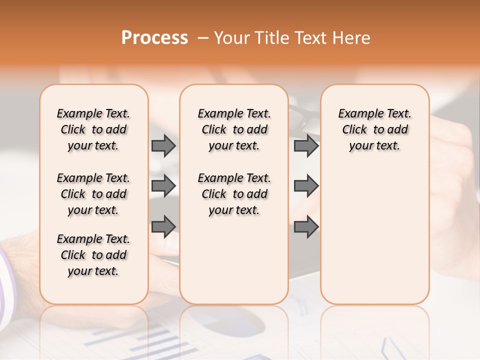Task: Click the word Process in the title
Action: pos(154,38)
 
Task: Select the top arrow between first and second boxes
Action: pos(163,145)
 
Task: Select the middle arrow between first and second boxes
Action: pos(163,186)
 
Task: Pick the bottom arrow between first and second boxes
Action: pos(163,226)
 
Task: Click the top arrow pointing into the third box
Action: pos(306,145)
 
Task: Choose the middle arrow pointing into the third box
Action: pos(306,186)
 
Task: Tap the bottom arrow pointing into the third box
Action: pos(306,226)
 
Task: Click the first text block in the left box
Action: pos(93,129)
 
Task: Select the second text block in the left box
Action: pos(93,194)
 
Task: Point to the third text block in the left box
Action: pos(93,255)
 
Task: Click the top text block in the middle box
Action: pos(234,129)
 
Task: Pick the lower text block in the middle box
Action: pos(234,194)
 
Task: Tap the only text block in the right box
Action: pos(374,129)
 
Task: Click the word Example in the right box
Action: pos(357,114)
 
